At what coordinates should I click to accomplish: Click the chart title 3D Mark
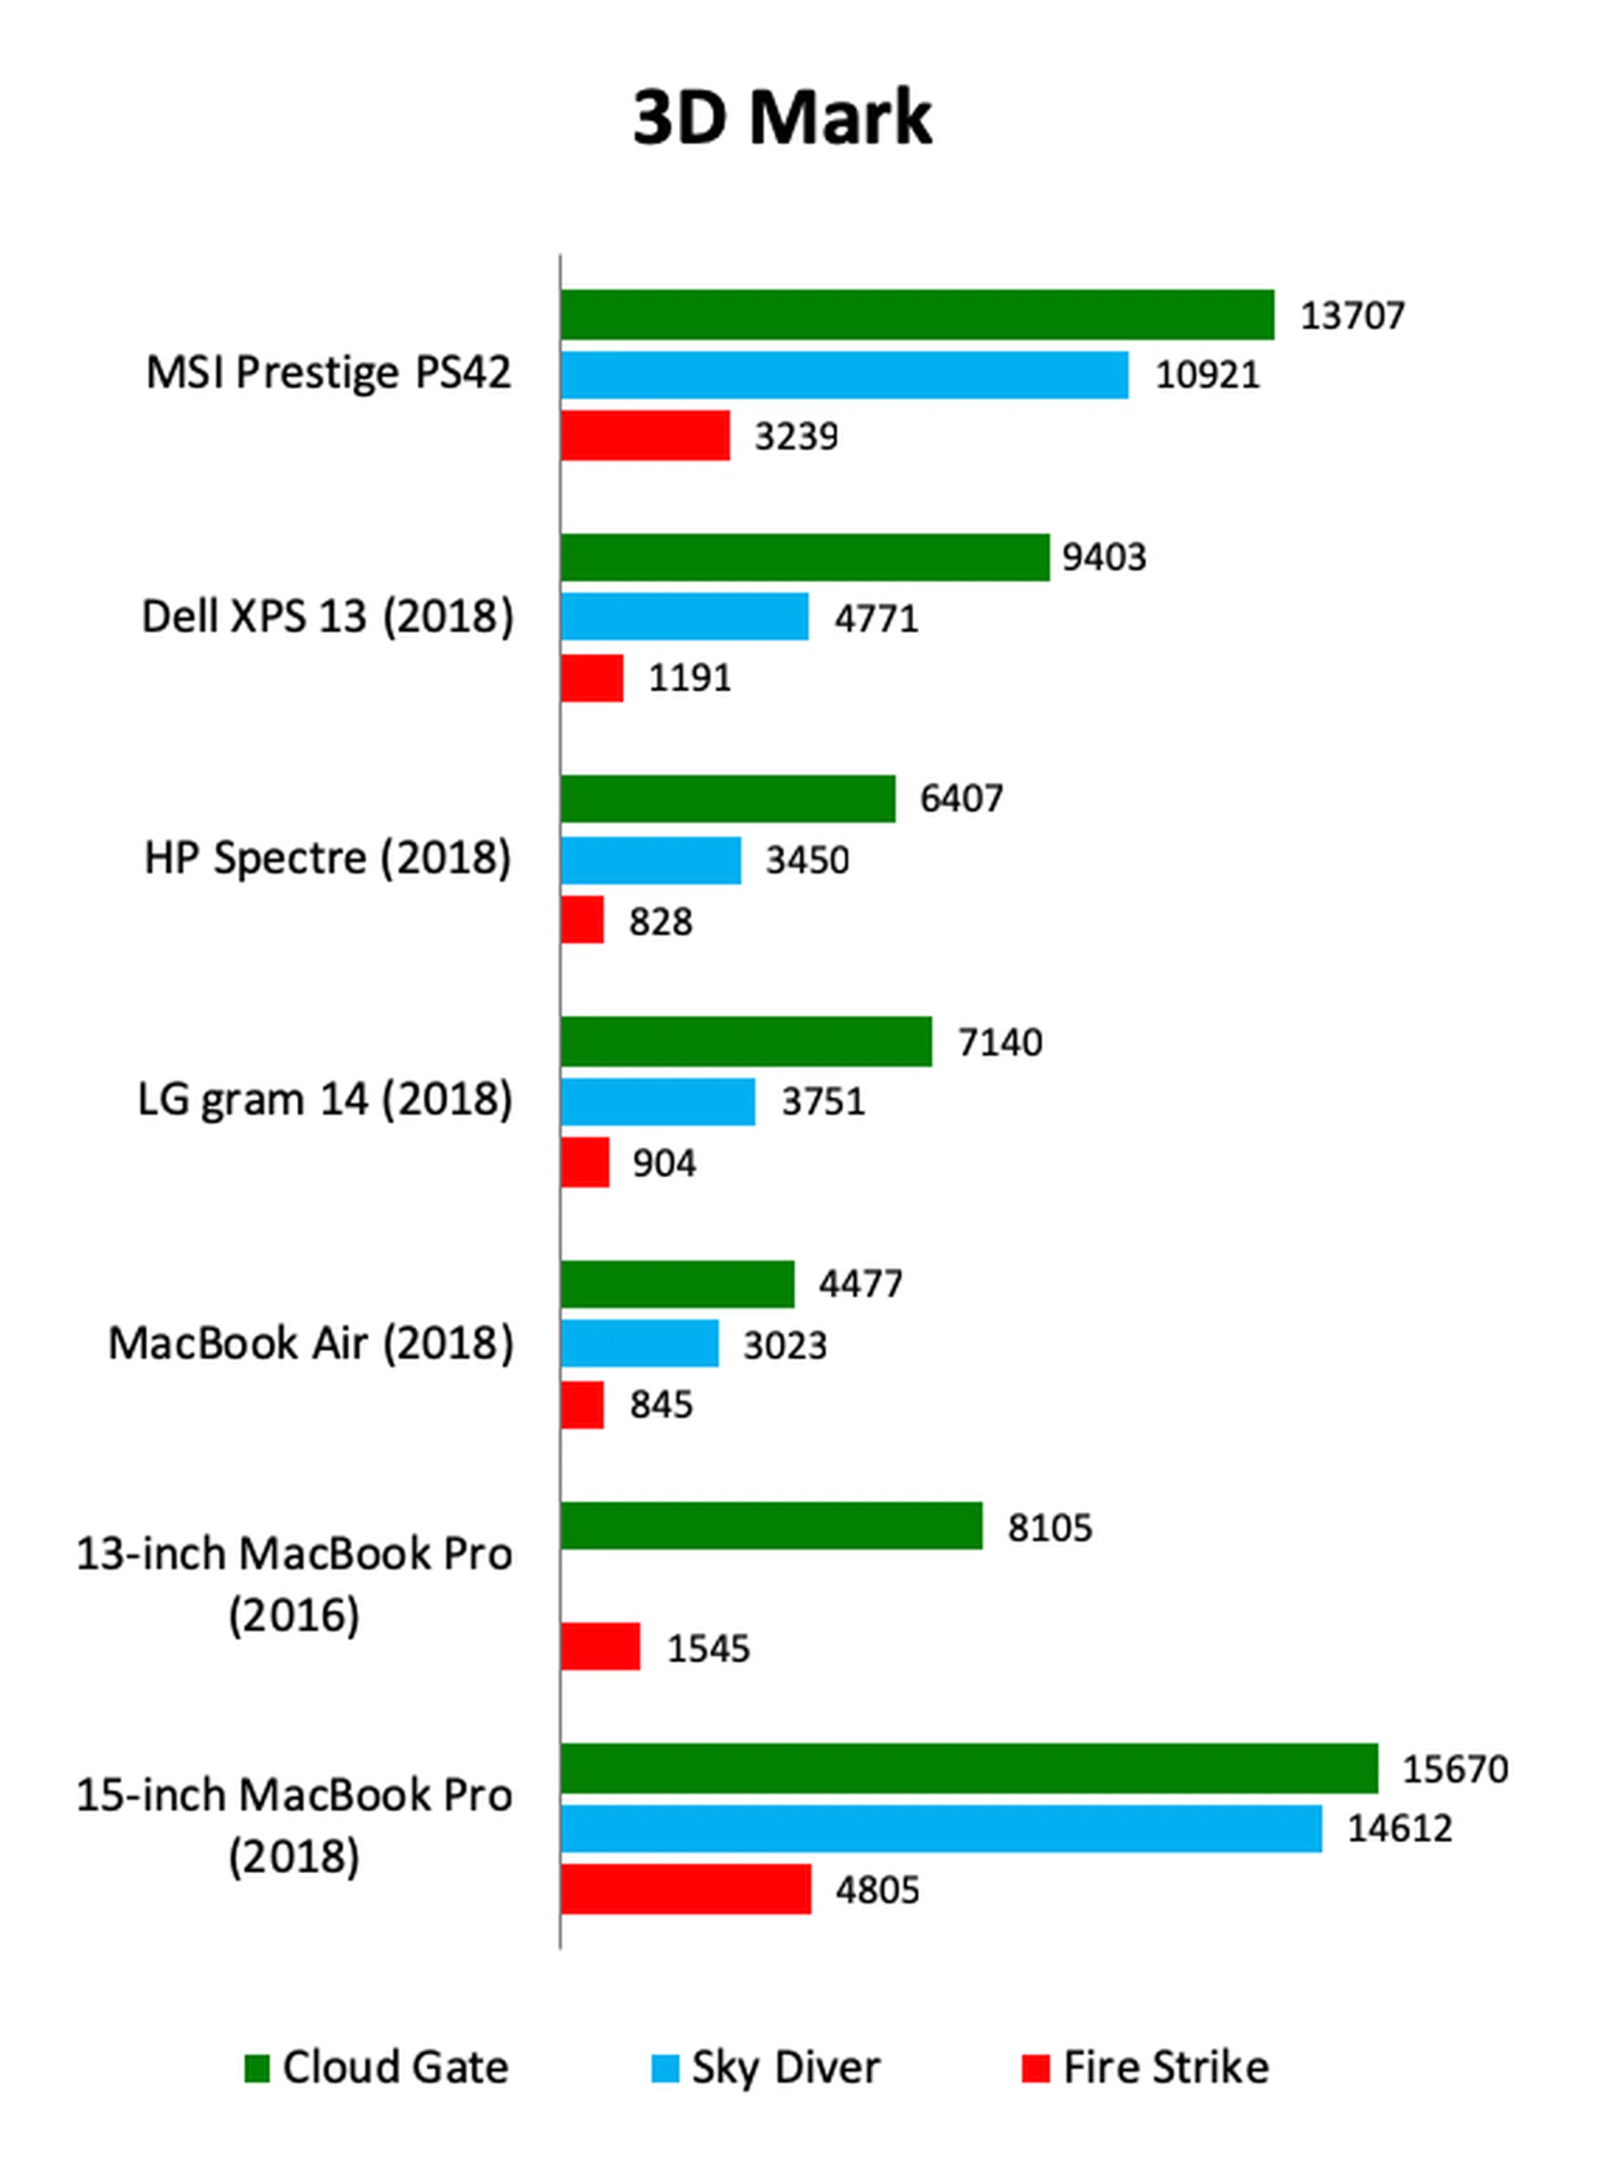click(782, 118)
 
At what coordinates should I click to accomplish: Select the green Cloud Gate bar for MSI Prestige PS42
click(917, 315)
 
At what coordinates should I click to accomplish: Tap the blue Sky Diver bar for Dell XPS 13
click(685, 616)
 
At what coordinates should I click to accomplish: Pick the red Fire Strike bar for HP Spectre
click(582, 919)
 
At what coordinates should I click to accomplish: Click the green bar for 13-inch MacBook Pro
click(771, 1526)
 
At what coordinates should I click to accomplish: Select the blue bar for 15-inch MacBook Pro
click(941, 1829)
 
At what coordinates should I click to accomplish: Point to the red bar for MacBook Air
click(582, 1405)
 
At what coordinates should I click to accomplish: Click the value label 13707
click(1352, 316)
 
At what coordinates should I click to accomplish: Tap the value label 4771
click(876, 619)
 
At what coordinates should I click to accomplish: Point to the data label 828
click(660, 922)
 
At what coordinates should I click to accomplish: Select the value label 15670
click(1455, 1769)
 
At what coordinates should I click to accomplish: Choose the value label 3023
click(784, 1346)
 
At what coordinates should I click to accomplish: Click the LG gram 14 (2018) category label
click(325, 1099)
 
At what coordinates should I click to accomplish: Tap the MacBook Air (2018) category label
click(310, 1343)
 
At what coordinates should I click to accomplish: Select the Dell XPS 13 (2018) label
click(328, 616)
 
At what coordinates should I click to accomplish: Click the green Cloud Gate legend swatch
click(256, 2069)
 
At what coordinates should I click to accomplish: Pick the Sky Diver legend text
click(785, 2068)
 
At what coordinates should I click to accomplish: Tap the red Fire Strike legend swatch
click(1036, 2069)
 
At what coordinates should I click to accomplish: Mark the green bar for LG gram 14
click(746, 1042)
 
